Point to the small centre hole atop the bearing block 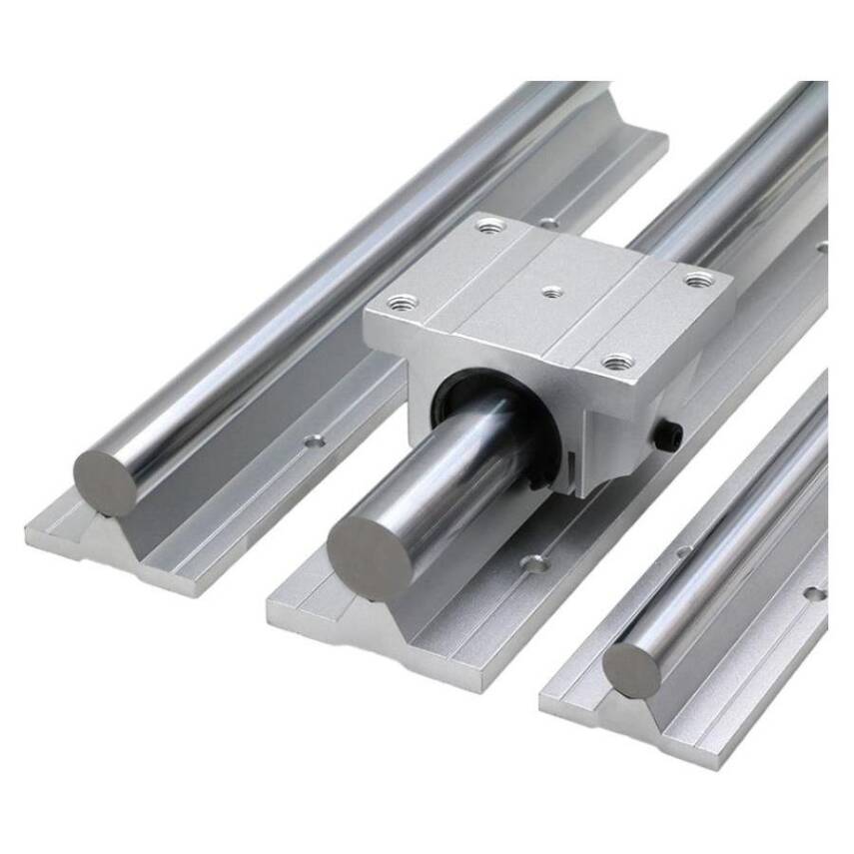pyautogui.click(x=549, y=292)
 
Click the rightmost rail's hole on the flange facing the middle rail pyautogui.click(x=684, y=550)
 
